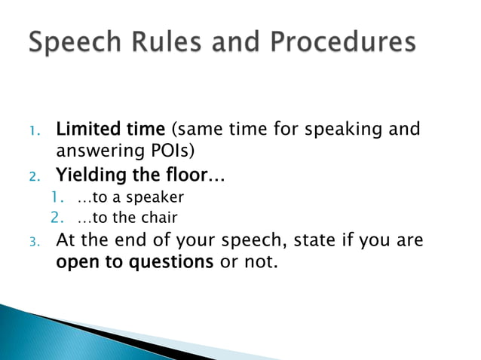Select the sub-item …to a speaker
click(130, 199)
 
